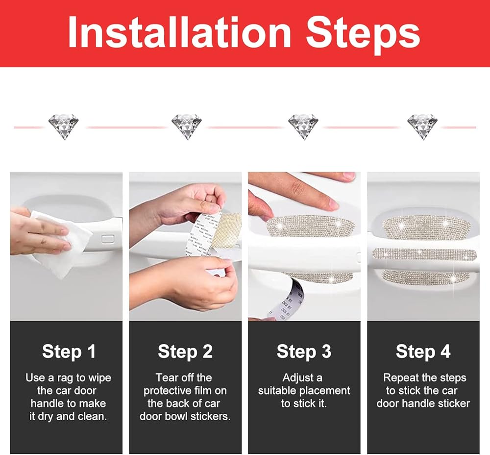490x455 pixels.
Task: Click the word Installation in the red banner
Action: (180, 32)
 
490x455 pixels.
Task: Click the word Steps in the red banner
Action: (363, 35)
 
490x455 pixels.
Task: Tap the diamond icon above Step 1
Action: (63, 126)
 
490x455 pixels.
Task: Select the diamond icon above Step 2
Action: (187, 126)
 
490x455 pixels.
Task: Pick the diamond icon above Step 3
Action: (303, 126)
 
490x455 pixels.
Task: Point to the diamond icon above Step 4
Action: (422, 126)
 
